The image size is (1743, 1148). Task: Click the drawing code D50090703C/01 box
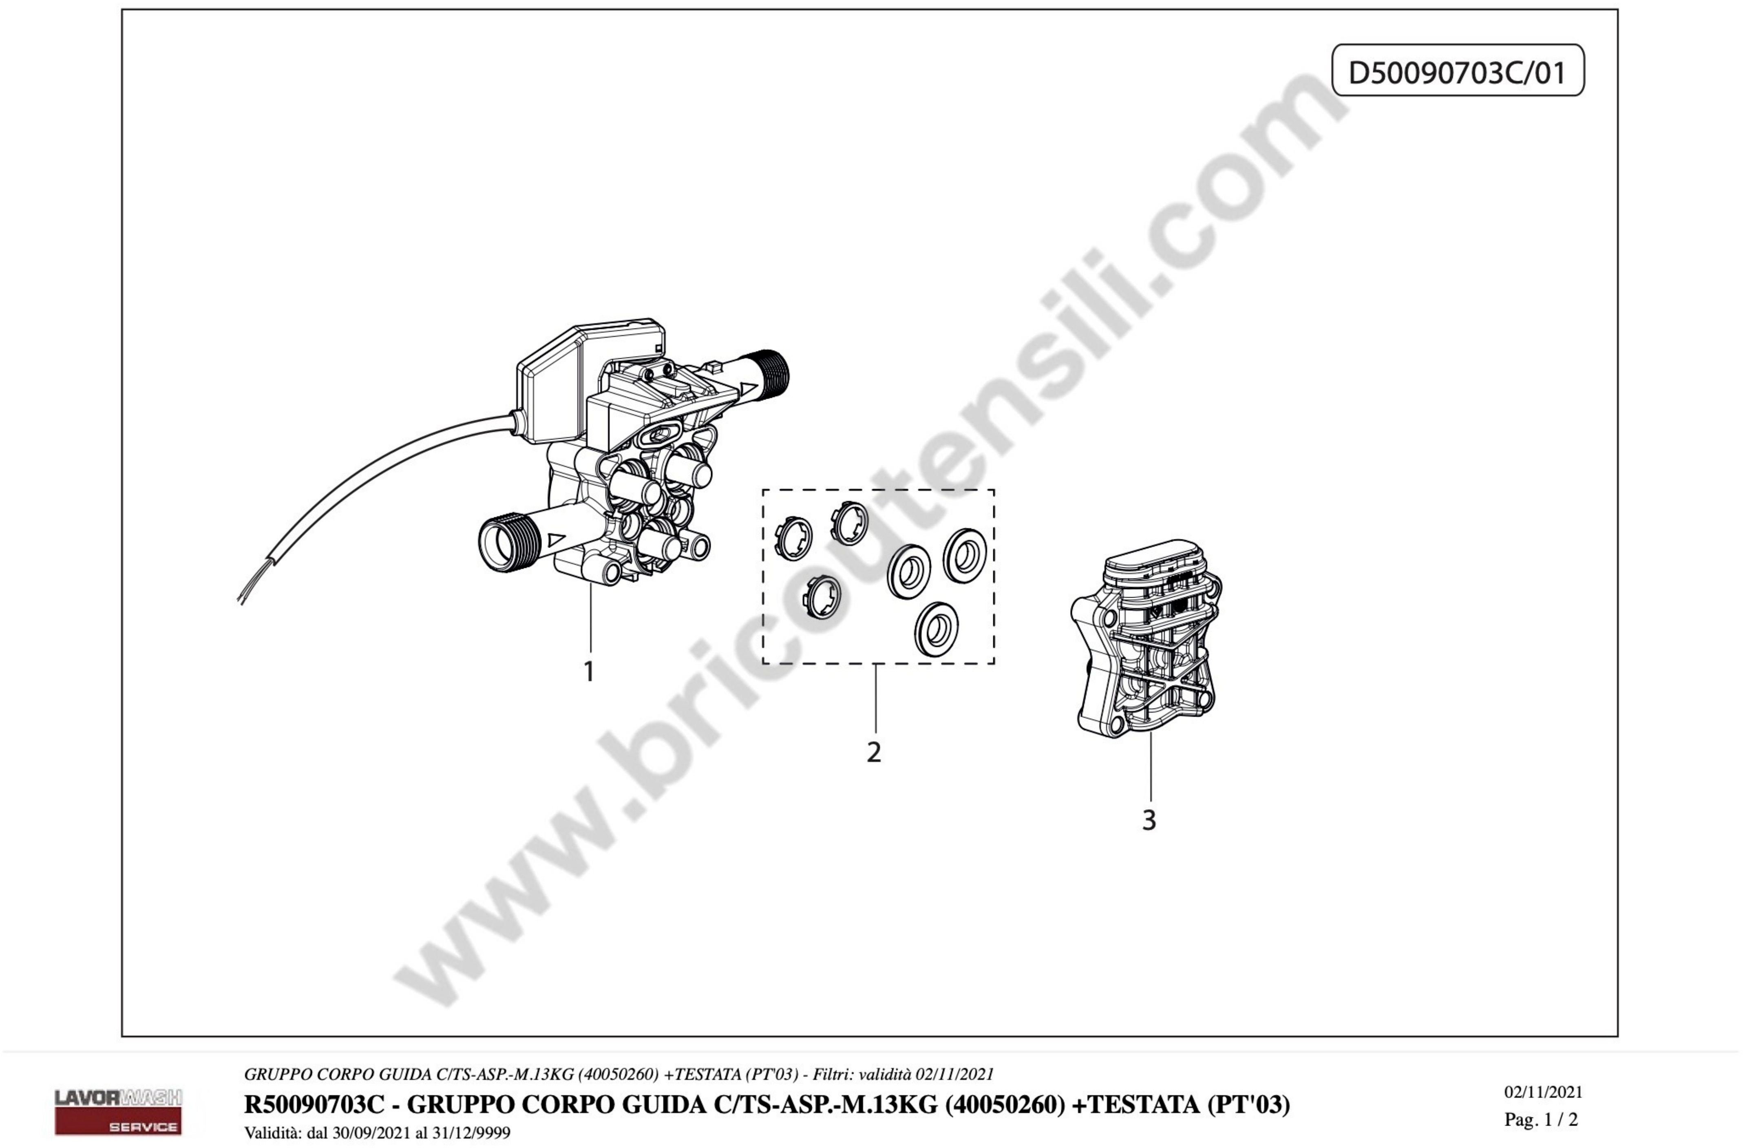click(1457, 71)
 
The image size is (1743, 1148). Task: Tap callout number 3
click(1149, 820)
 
